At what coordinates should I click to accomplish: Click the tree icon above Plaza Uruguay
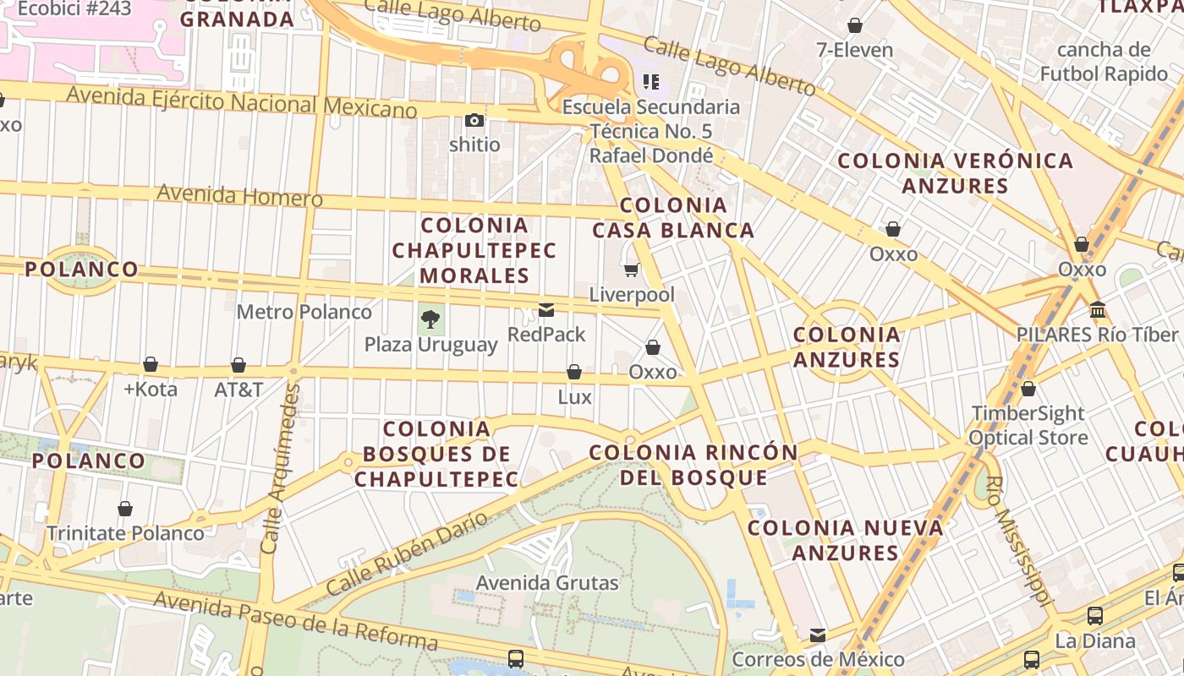pos(430,319)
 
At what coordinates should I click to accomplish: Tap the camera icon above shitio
pos(474,120)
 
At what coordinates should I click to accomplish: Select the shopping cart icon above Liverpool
pos(631,270)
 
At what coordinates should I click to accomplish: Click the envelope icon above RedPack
pos(546,310)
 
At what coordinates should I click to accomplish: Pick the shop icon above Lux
pos(574,372)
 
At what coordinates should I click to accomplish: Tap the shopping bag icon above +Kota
pos(151,364)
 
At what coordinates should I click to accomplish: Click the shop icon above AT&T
pos(238,365)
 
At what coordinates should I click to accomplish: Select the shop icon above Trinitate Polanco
pos(125,509)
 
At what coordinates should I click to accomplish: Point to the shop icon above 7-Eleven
pos(855,25)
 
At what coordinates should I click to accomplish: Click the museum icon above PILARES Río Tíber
pos(1098,309)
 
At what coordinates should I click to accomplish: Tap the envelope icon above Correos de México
pos(817,635)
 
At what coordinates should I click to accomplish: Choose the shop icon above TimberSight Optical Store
pos(1028,389)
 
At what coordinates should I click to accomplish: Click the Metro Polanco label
pos(304,312)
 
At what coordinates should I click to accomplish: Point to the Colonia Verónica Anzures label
pos(955,172)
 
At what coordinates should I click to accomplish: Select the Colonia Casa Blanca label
pos(673,217)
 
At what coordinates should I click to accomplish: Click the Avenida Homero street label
pos(239,195)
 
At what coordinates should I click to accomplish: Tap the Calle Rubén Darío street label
pos(408,553)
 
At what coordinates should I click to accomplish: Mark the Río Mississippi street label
pos(1019,542)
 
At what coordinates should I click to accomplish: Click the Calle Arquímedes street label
pos(281,468)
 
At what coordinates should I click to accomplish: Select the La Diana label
pos(1095,641)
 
